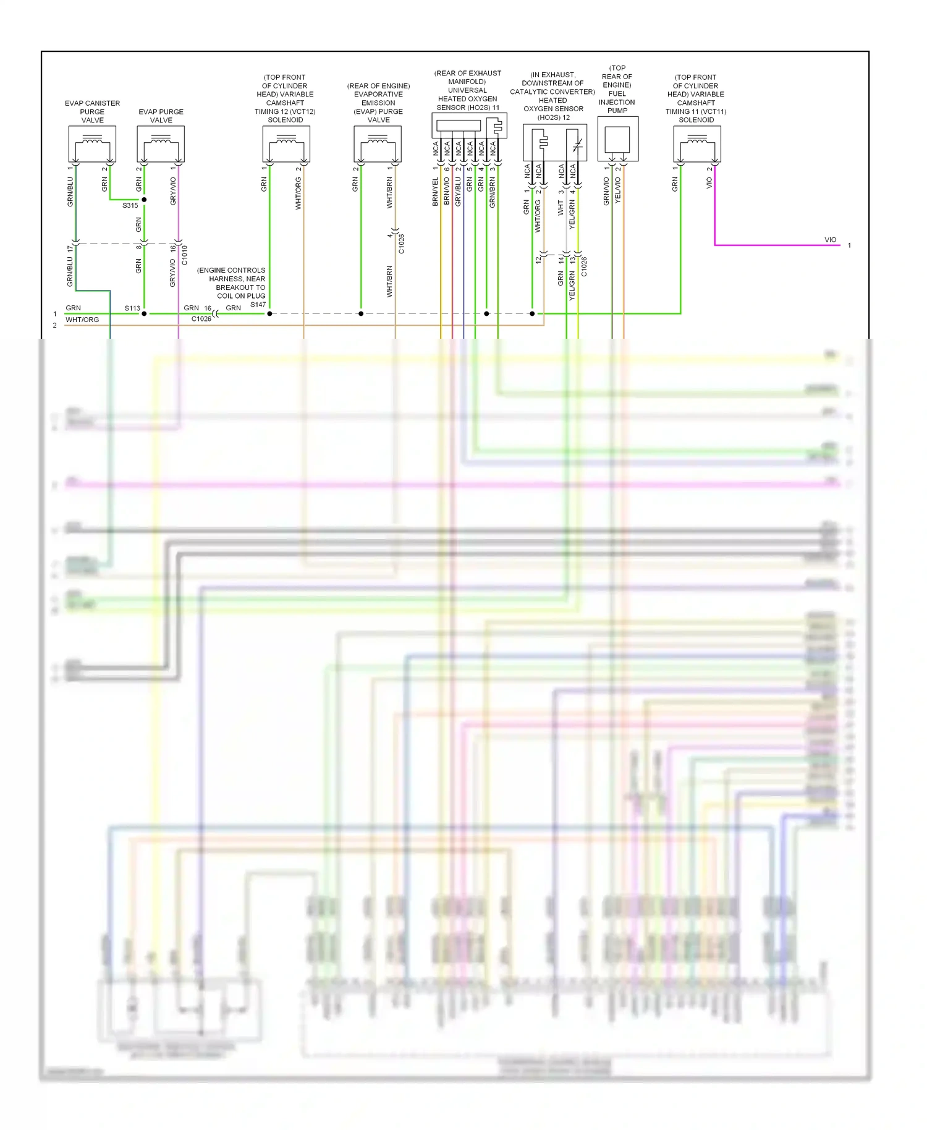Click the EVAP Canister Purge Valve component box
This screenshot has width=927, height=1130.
[x=92, y=144]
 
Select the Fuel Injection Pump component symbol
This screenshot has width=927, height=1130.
[x=617, y=139]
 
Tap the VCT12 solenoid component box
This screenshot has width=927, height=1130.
[x=286, y=144]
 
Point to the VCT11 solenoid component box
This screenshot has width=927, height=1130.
[x=696, y=144]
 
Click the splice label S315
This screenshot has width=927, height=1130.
[x=130, y=206]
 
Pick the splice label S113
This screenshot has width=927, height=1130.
[x=132, y=308]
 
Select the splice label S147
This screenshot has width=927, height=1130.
[x=258, y=305]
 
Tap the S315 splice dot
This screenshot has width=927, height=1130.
[x=144, y=200]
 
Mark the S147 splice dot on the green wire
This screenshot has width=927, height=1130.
[x=269, y=314]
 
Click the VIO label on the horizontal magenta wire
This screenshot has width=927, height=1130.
[x=830, y=240]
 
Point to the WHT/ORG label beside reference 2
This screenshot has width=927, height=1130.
[x=82, y=320]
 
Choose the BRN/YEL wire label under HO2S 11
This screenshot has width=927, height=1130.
[x=435, y=192]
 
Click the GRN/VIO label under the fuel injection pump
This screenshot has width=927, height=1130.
[x=606, y=191]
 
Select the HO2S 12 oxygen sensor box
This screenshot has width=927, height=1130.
[x=554, y=143]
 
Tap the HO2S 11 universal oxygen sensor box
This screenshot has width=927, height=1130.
[x=468, y=125]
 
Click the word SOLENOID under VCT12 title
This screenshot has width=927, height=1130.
[x=286, y=120]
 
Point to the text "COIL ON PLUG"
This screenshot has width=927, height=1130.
[x=241, y=296]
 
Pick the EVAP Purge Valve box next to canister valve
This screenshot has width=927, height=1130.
[x=161, y=144]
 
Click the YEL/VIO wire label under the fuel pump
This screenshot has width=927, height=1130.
[x=618, y=191]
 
